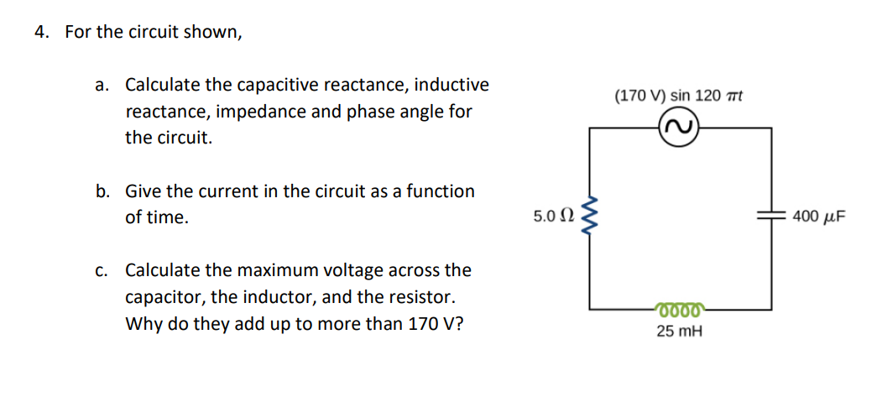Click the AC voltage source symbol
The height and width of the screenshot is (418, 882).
[680, 128]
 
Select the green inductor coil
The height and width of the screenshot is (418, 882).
[680, 308]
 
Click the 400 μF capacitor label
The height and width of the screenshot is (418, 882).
[818, 217]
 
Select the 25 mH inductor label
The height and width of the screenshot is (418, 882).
[680, 332]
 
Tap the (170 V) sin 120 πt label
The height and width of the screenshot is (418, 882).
[679, 96]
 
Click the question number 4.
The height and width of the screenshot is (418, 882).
[41, 32]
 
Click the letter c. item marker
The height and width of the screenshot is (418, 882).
[102, 270]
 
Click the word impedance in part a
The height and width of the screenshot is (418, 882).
[266, 111]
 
